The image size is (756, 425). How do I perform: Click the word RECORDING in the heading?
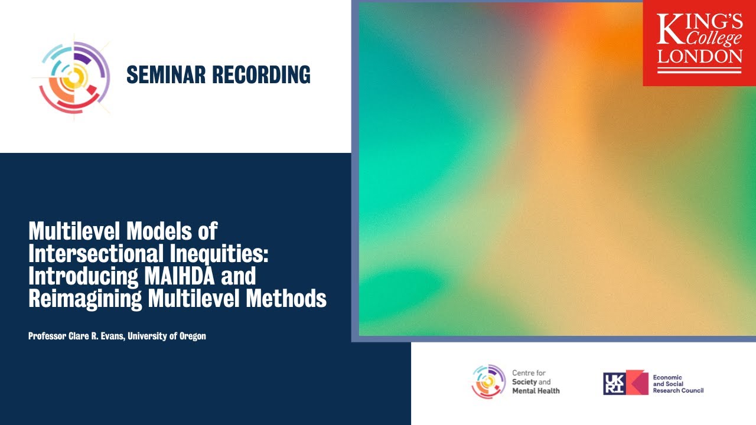[261, 75]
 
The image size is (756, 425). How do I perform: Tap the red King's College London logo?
[699, 42]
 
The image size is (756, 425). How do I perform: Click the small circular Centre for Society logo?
[488, 381]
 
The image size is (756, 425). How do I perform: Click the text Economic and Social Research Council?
[677, 384]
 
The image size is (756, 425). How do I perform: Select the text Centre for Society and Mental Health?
[535, 382]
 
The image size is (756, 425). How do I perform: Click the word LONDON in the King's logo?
[700, 57]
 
